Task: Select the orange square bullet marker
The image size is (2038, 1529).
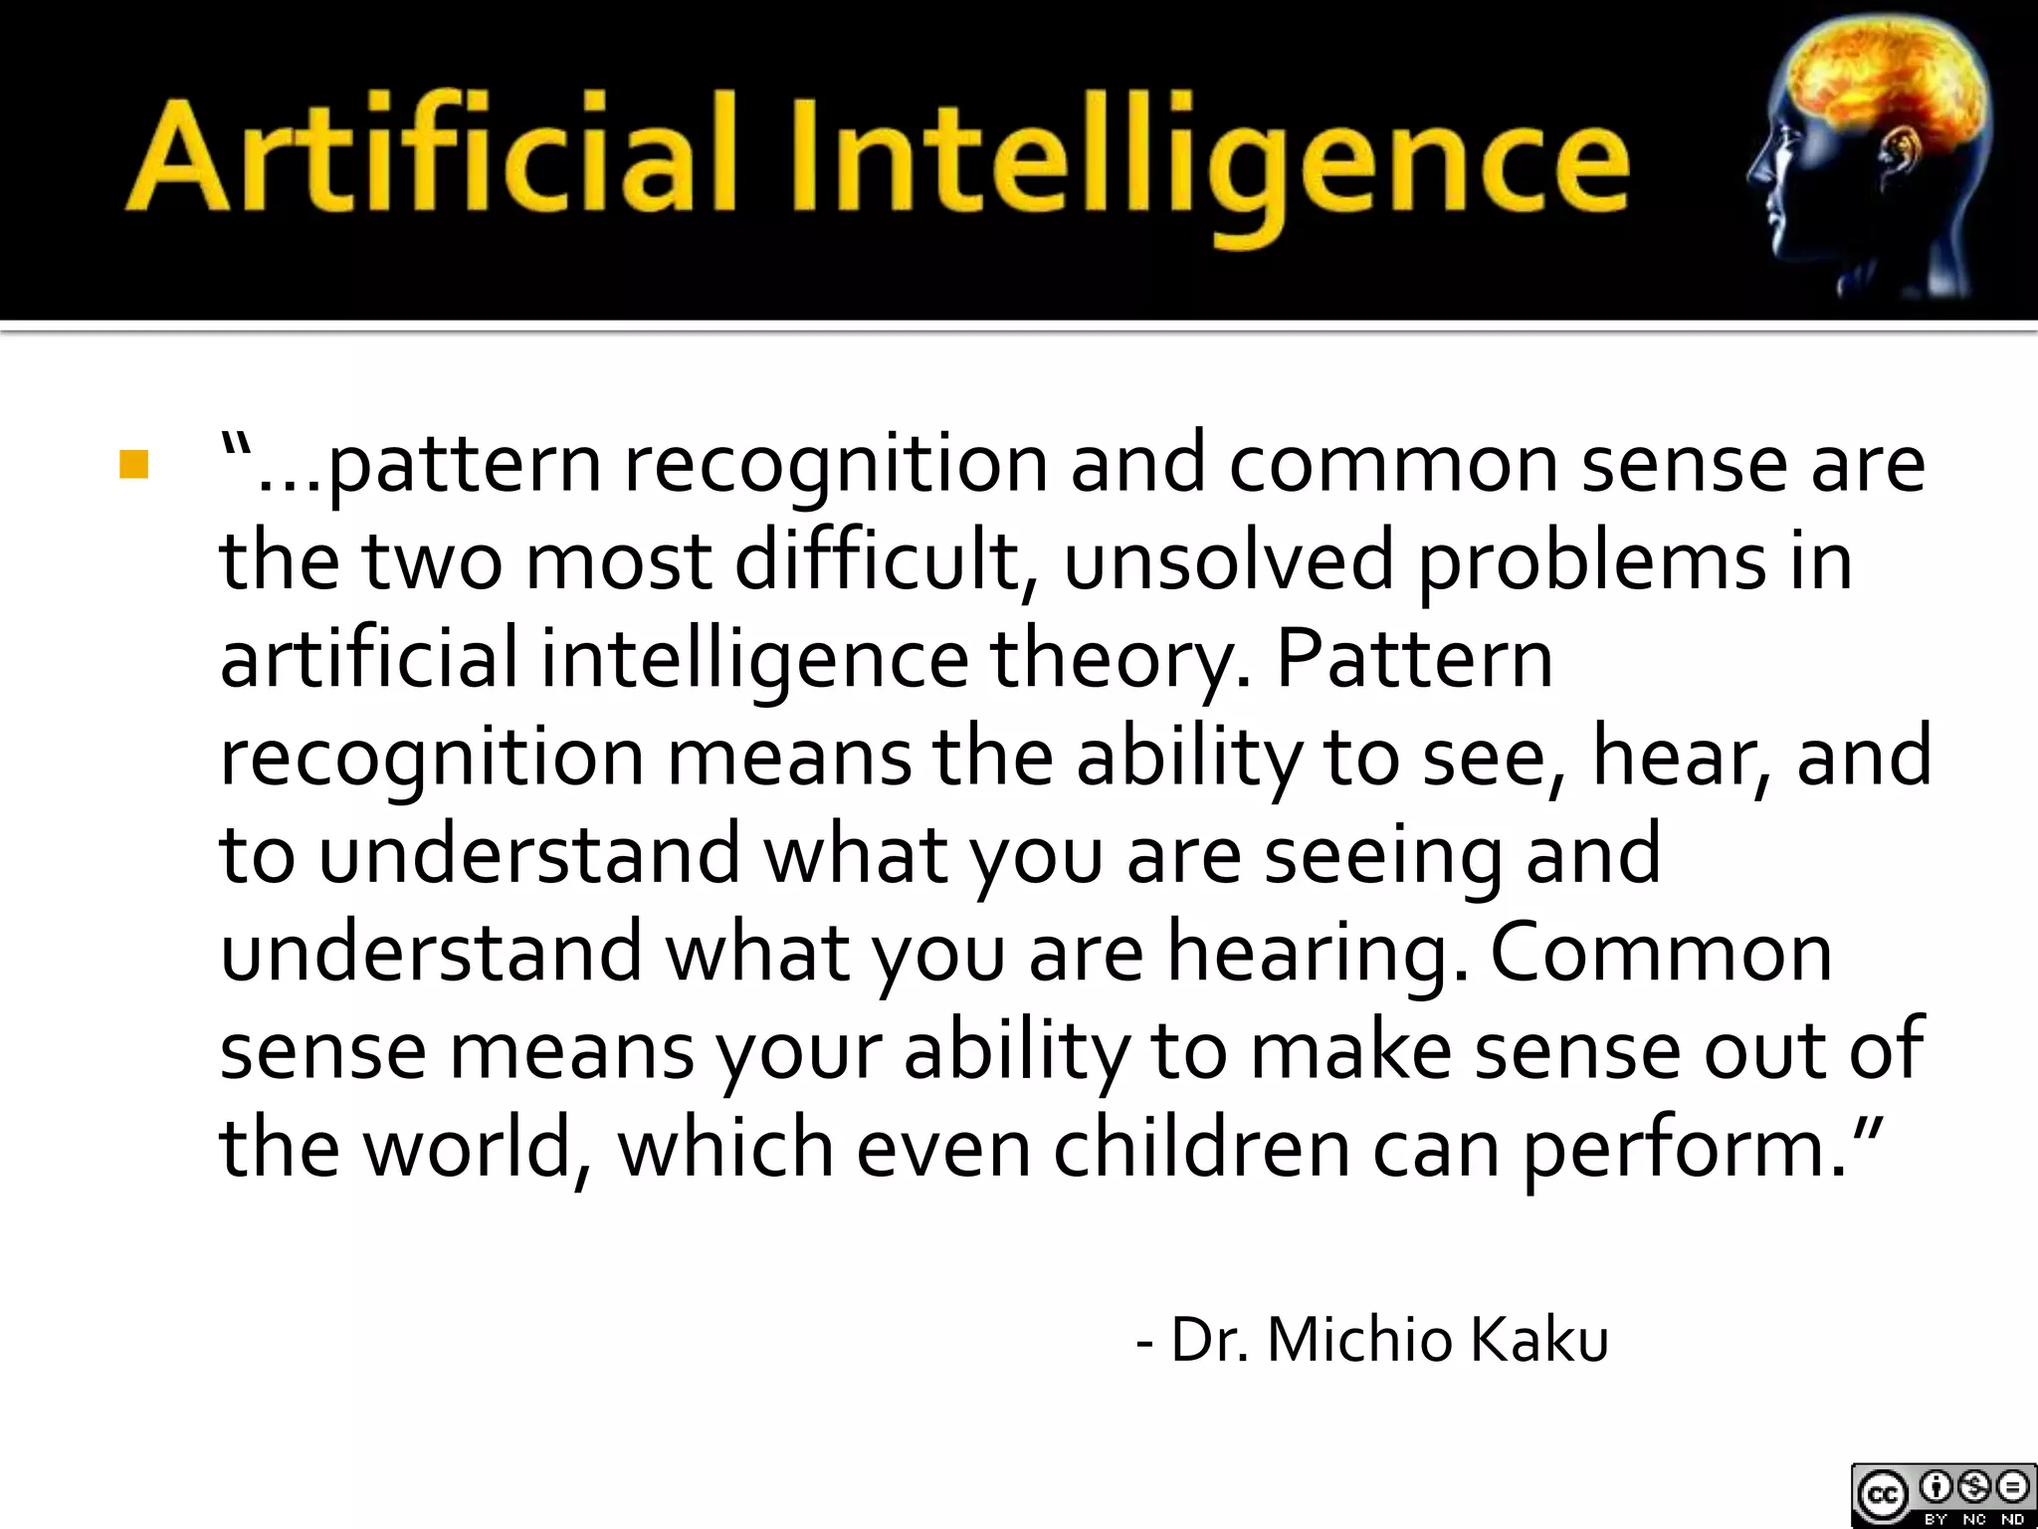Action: click(132, 466)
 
